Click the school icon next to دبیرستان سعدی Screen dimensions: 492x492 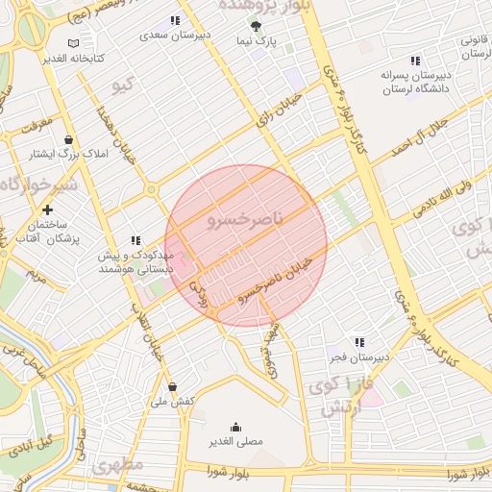click(x=175, y=20)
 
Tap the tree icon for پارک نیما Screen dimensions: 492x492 click(x=255, y=27)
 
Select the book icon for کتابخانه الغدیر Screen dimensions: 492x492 click(x=75, y=43)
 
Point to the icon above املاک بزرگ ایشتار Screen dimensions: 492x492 click(x=68, y=139)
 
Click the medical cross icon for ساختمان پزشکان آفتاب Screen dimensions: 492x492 click(x=47, y=209)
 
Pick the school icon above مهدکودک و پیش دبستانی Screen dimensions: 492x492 click(x=135, y=241)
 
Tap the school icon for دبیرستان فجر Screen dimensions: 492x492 click(x=359, y=342)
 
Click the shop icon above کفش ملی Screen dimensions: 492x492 click(x=171, y=386)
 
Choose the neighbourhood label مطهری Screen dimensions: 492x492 click(x=119, y=466)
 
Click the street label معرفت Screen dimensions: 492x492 click(x=30, y=124)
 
